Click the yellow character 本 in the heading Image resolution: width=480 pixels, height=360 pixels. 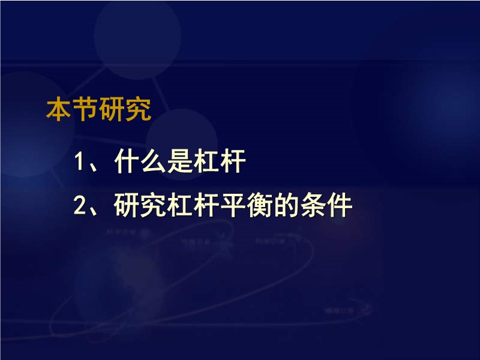pyautogui.click(x=59, y=109)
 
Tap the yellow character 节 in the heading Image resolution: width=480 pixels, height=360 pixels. pyautogui.click(x=86, y=109)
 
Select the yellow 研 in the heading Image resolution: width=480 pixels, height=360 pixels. pyautogui.click(x=112, y=109)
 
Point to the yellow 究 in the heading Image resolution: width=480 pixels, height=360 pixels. pyautogui.click(x=139, y=109)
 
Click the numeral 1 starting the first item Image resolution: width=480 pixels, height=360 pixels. pyautogui.click(x=79, y=161)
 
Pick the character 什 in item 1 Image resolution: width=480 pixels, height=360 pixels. pyautogui.click(x=127, y=161)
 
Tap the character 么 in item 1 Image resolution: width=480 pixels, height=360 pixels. pyautogui.click(x=154, y=161)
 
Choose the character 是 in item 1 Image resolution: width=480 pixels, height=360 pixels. pyautogui.click(x=180, y=161)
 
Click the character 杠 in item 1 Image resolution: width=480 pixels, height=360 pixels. pyautogui.click(x=206, y=161)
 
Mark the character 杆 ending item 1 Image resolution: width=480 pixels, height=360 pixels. pyautogui.click(x=233, y=161)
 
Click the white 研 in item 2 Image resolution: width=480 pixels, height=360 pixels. pyautogui.click(x=127, y=205)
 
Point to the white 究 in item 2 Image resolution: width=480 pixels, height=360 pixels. pyautogui.click(x=154, y=205)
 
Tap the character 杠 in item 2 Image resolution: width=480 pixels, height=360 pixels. pyautogui.click(x=180, y=205)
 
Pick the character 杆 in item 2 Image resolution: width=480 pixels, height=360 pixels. pyautogui.click(x=206, y=205)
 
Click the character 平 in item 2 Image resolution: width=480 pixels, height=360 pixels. pyautogui.click(x=233, y=205)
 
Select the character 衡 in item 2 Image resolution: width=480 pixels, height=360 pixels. pyautogui.click(x=260, y=205)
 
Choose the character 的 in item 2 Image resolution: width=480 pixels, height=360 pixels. pyautogui.click(x=286, y=205)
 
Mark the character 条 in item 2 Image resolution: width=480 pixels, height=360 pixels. pyautogui.click(x=313, y=205)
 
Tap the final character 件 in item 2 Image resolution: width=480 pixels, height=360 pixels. pyautogui.click(x=339, y=205)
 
